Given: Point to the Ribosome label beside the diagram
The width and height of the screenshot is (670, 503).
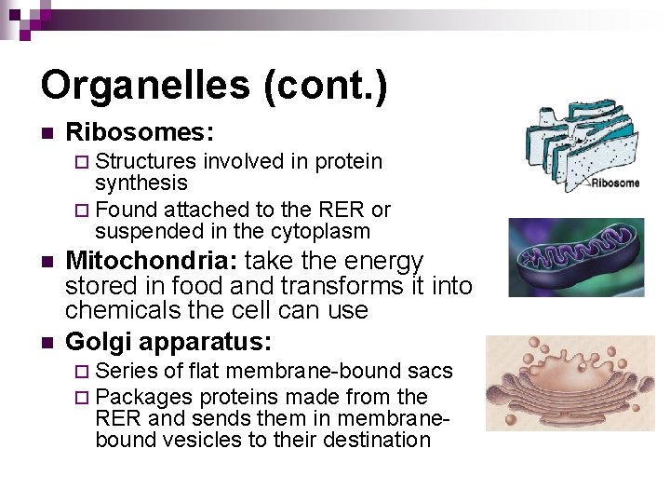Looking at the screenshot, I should point(615,183).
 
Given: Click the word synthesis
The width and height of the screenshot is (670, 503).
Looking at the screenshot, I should point(141,184).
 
